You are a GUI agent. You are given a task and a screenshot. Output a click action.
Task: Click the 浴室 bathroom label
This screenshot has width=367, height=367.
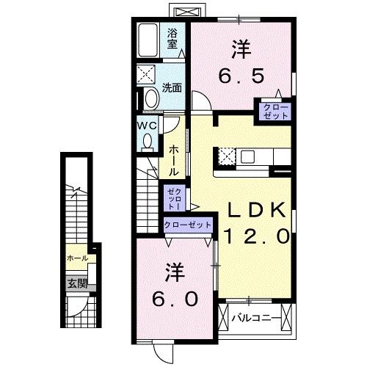tap(172, 38)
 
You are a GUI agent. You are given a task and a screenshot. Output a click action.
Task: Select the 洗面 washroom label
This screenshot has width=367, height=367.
tap(173, 87)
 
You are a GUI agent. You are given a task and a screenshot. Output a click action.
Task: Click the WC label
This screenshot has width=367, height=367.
tap(145, 124)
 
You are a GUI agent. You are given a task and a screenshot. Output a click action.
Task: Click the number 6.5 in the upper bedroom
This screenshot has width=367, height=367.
tap(241, 75)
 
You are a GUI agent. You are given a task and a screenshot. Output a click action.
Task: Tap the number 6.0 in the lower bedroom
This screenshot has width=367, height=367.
tap(175, 299)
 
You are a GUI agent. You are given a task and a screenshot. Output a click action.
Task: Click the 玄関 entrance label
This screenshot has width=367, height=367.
tap(77, 282)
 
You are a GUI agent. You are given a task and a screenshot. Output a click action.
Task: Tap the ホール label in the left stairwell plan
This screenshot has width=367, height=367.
tap(77, 258)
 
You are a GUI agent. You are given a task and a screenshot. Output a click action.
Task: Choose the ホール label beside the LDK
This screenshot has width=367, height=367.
tap(174, 159)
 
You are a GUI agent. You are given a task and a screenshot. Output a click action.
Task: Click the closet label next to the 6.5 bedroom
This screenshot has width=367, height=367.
tap(272, 112)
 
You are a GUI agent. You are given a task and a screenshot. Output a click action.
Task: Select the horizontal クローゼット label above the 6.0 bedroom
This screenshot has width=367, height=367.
tap(188, 224)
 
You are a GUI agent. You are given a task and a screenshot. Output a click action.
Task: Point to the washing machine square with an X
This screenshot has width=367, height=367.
tap(148, 75)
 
